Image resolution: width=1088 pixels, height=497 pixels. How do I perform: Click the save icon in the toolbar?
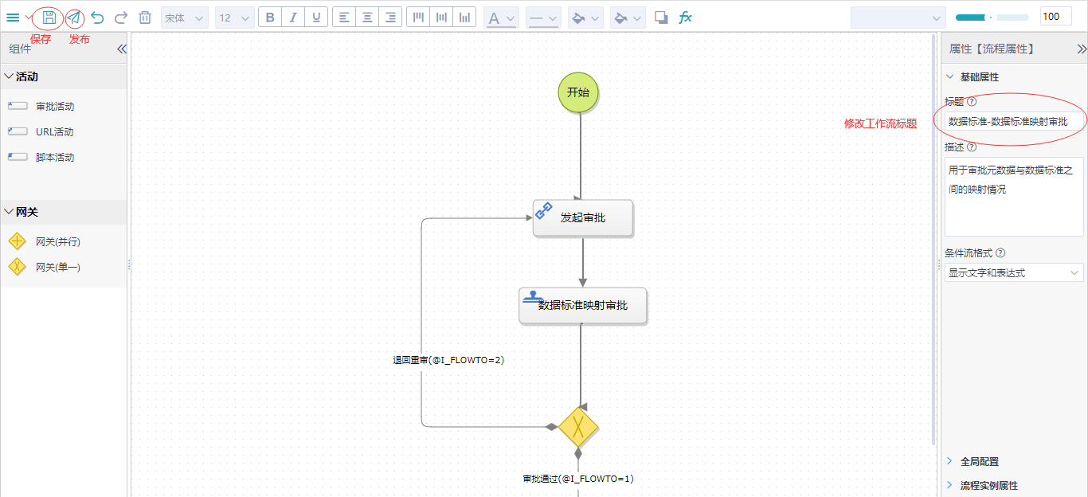click(x=49, y=18)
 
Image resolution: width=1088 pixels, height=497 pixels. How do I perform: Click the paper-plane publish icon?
click(x=73, y=18)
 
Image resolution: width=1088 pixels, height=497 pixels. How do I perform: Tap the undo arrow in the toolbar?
click(x=97, y=18)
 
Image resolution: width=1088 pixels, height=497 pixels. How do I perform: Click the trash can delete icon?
click(x=145, y=18)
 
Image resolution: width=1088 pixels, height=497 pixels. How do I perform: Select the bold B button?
click(x=271, y=18)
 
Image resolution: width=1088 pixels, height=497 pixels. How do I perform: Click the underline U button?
click(x=317, y=18)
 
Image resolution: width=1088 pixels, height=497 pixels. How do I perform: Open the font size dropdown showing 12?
click(x=234, y=18)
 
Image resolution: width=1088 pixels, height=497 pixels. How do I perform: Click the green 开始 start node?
click(x=578, y=92)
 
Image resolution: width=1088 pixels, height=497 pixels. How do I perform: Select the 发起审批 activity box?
click(x=583, y=217)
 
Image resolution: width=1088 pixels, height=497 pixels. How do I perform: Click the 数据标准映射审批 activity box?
click(x=583, y=305)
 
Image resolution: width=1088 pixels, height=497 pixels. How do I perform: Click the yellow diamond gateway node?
click(x=578, y=427)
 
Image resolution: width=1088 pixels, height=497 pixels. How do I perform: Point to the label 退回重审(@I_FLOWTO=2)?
click(x=448, y=360)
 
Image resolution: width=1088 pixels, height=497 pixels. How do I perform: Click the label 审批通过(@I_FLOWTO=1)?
click(x=578, y=479)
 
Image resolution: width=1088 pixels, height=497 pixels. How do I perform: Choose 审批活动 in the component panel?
click(x=54, y=106)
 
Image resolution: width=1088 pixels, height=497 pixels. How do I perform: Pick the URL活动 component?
click(x=54, y=131)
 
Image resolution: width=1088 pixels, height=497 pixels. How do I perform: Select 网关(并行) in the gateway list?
click(x=57, y=241)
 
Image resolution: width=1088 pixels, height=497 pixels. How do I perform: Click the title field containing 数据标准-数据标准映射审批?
click(x=1013, y=122)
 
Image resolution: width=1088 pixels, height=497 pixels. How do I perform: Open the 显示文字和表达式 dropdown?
click(x=1013, y=273)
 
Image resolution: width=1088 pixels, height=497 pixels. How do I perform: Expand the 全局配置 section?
click(x=979, y=461)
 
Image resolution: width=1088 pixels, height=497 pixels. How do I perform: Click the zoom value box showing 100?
click(x=1055, y=17)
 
